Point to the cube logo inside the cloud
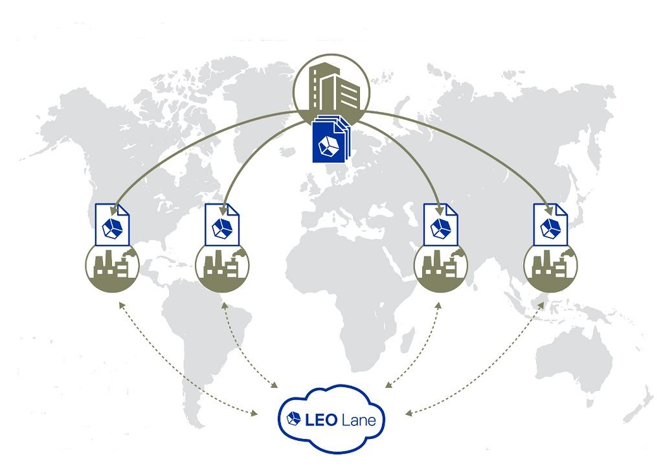pos(295,419)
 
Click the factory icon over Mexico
pos(112,265)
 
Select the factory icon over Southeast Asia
pos(551,265)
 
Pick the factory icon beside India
pos(441,265)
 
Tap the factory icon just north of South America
pos(222,265)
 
